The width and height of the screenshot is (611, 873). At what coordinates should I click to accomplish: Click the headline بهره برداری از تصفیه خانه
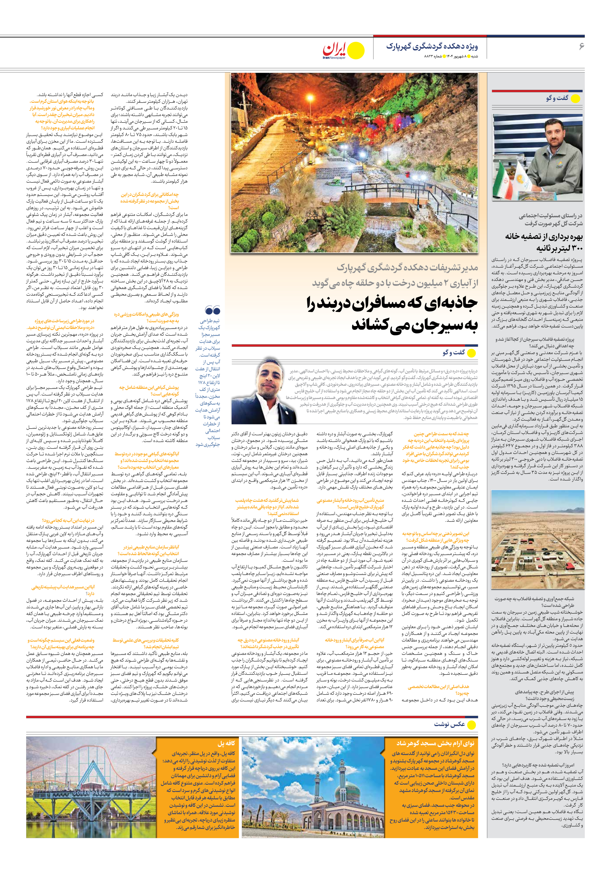[544, 236]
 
